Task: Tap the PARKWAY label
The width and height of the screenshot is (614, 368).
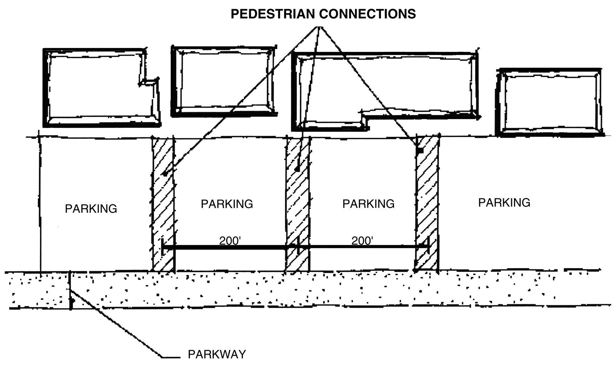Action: pos(217,354)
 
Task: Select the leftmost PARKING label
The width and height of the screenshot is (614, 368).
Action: pos(91,209)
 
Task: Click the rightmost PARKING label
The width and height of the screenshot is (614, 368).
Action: pos(504,203)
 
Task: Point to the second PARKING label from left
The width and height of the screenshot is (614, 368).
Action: pos(227,204)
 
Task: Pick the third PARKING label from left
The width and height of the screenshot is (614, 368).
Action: pos(368,204)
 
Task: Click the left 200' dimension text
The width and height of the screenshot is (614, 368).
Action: pos(229,241)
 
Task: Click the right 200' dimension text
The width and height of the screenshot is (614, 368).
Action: pos(362,241)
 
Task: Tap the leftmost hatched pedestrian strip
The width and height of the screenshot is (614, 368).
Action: pos(163,210)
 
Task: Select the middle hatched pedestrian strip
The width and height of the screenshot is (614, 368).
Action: pos(298,210)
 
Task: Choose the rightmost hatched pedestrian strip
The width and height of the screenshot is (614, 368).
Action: pos(427,210)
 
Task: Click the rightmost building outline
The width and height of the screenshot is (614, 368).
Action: pos(549,102)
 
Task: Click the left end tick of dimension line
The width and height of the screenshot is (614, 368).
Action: pos(162,247)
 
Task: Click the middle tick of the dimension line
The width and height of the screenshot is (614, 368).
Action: pos(298,247)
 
